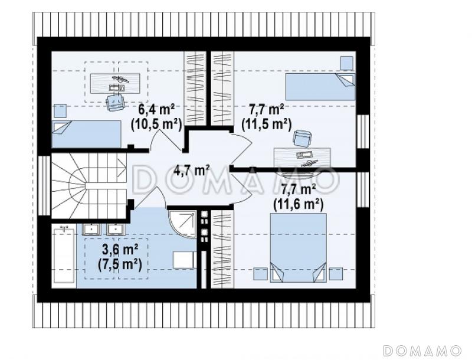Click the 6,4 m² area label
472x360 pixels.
[156, 109]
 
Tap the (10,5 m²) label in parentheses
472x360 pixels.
[156, 123]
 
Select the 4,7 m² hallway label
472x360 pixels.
[192, 171]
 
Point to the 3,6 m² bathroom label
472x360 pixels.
[120, 250]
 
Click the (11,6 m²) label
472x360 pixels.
[299, 204]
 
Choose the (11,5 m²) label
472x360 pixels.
[267, 124]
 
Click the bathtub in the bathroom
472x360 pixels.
[63, 256]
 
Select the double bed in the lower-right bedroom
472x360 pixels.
[299, 248]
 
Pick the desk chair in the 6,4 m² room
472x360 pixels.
[115, 102]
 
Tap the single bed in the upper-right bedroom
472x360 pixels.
[320, 87]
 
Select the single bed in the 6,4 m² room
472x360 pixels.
[87, 134]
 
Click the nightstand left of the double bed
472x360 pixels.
[261, 274]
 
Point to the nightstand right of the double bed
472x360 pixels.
[336, 274]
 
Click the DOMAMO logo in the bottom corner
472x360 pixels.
[422, 351]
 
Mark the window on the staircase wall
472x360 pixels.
[44, 185]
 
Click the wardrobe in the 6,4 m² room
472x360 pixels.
[195, 89]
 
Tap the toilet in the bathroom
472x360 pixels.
[183, 260]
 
